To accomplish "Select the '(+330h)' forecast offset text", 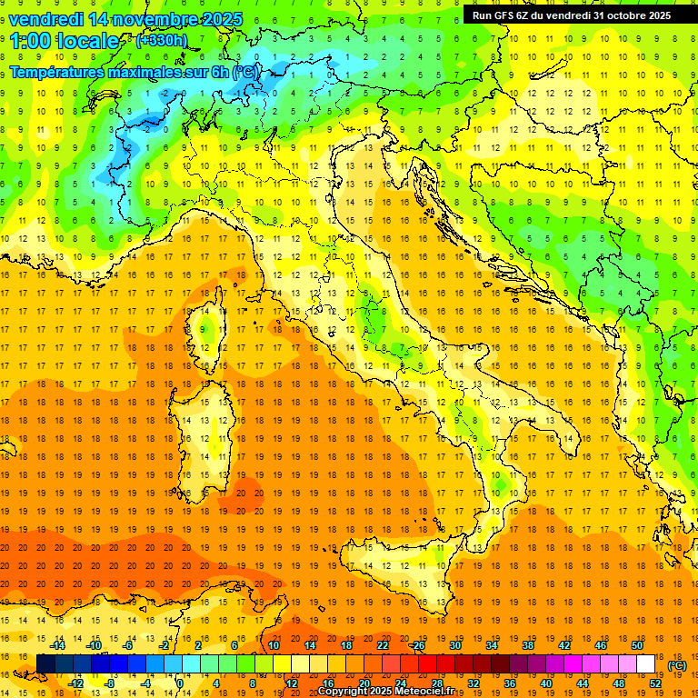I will point(162,41).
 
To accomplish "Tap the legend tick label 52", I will point(655,683).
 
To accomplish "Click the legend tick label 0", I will point(180,683).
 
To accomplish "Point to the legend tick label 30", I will point(454,645).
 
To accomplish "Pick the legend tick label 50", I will point(636,645).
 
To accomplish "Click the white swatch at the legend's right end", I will point(645,664).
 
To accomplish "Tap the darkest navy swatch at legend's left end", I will point(45,664).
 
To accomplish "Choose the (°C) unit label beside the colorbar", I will point(677,664).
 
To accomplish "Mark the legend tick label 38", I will point(527,645).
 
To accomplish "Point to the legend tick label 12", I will point(292,683).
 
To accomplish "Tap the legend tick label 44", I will point(583,683).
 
